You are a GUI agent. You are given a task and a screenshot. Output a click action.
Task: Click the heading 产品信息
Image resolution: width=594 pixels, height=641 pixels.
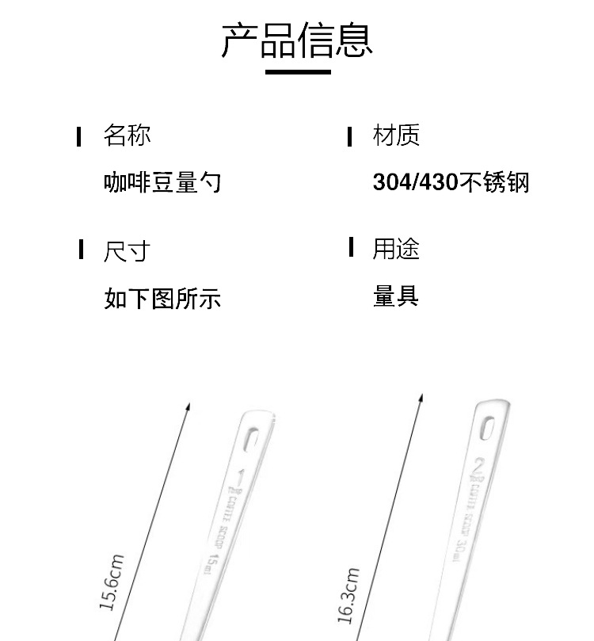point(297,40)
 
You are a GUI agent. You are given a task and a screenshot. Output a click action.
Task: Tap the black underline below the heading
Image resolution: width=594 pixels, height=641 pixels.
point(298,72)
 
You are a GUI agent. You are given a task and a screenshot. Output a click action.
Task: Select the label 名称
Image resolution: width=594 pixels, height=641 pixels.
point(127,135)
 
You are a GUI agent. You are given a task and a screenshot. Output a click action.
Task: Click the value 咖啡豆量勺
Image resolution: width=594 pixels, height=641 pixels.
point(162,183)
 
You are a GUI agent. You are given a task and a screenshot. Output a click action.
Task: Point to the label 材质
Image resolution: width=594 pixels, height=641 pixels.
point(396,135)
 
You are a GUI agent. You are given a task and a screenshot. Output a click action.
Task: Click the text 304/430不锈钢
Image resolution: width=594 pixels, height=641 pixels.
point(451,183)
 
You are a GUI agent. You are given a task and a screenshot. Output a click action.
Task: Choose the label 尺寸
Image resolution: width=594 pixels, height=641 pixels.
point(127,251)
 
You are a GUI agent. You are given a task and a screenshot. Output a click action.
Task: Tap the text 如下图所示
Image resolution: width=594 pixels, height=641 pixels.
point(162,299)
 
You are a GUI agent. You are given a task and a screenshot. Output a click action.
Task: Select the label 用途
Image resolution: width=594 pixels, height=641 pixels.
point(396,249)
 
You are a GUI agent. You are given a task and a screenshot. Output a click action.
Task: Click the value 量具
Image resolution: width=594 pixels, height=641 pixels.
point(396,297)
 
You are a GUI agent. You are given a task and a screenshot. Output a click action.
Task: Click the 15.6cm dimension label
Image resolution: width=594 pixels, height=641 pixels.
point(112,582)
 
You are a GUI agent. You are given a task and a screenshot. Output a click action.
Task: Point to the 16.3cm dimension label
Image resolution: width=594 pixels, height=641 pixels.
point(348,596)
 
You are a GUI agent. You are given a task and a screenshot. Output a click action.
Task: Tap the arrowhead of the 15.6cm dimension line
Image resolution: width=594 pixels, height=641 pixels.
point(188,407)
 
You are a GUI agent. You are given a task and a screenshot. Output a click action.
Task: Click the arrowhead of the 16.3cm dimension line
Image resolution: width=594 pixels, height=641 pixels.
point(421,398)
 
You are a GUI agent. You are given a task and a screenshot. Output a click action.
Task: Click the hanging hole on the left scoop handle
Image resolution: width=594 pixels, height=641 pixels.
point(251,438)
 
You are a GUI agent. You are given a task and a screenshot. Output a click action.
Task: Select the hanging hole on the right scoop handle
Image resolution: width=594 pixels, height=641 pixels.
point(485,428)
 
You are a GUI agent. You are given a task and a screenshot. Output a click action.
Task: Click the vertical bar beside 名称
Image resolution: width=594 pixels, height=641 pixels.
point(79,136)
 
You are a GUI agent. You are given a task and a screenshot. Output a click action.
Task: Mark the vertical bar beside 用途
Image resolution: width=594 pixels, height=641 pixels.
point(350,247)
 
